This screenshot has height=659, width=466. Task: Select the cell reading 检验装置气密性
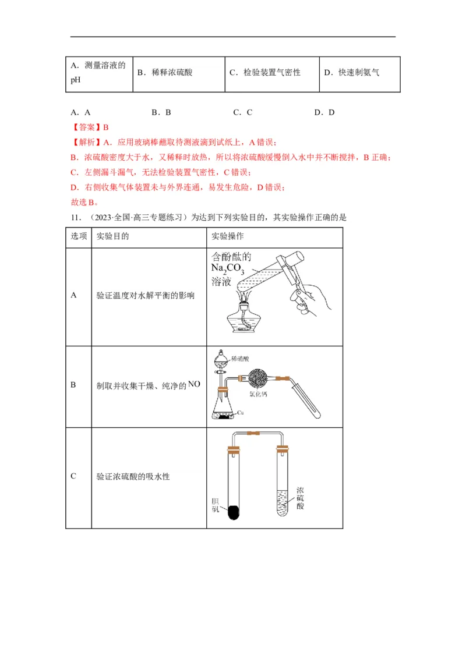[x=272, y=73]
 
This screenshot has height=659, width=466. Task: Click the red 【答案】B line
[x=90, y=127]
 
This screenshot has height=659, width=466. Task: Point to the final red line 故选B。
[x=84, y=203]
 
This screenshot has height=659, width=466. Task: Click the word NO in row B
[x=195, y=384]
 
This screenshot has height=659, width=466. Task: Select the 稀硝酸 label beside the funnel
[x=241, y=359]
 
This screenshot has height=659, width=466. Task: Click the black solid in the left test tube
[x=233, y=512]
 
